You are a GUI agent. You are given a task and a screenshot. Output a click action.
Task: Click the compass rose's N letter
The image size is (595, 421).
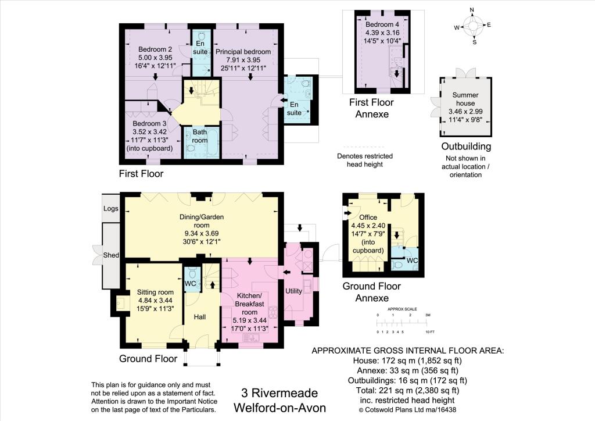[x=472, y=10]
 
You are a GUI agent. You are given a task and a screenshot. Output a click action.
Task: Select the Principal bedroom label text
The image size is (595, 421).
[x=243, y=52]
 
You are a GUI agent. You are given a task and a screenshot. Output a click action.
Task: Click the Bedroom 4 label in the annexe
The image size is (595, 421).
[x=382, y=24]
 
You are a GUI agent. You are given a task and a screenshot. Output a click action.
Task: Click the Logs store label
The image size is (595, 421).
[x=110, y=208]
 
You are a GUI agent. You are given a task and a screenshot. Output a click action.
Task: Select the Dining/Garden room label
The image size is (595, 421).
[x=201, y=217]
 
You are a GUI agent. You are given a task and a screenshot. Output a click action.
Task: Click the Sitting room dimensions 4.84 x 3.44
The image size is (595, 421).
[x=155, y=301]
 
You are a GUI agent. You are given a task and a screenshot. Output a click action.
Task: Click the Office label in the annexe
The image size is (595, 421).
[x=367, y=217]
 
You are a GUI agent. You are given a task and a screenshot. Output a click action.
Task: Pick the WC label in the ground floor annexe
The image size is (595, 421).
[x=411, y=260]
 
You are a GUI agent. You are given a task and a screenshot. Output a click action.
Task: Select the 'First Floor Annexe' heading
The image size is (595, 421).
[x=371, y=107]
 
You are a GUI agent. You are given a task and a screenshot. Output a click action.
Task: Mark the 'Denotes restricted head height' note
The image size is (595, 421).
[x=364, y=160]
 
